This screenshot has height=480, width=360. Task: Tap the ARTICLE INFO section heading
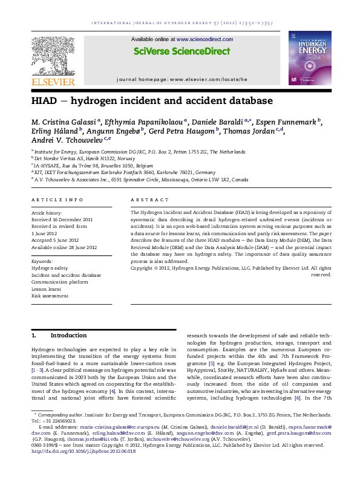click(57, 199)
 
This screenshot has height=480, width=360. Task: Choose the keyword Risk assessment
click(50, 296)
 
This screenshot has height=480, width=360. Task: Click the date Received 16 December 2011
click(62, 219)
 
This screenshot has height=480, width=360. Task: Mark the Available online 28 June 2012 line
click(64, 247)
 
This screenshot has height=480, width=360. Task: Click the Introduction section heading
click(68, 335)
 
